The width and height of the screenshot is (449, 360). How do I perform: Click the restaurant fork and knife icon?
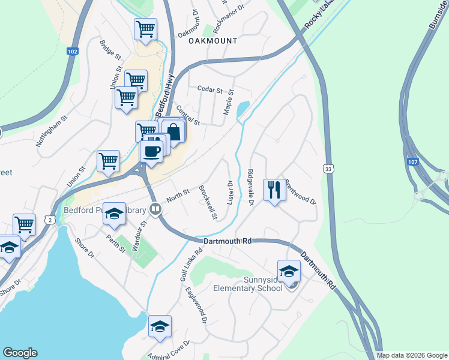pyautogui.click(x=274, y=190)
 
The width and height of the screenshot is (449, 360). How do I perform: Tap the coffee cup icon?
pyautogui.click(x=152, y=150)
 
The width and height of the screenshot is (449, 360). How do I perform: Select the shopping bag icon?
pyautogui.click(x=173, y=131)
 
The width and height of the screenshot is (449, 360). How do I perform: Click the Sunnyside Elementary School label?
pyautogui.click(x=248, y=284)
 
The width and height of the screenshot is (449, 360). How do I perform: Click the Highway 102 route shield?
pyautogui.click(x=73, y=52)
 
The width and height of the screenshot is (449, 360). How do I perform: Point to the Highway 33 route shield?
pyautogui.click(x=328, y=169)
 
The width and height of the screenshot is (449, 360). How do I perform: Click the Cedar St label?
pyautogui.click(x=210, y=89)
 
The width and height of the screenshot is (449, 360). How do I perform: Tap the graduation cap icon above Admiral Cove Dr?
pyautogui.click(x=160, y=326)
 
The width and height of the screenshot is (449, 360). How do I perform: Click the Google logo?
pyautogui.click(x=20, y=353)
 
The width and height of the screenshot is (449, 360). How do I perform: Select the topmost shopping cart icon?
pyautogui.click(x=145, y=28)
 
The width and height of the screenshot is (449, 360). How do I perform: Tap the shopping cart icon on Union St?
pyautogui.click(x=108, y=160)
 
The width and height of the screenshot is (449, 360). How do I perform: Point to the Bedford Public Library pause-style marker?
pyautogui.click(x=156, y=209)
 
